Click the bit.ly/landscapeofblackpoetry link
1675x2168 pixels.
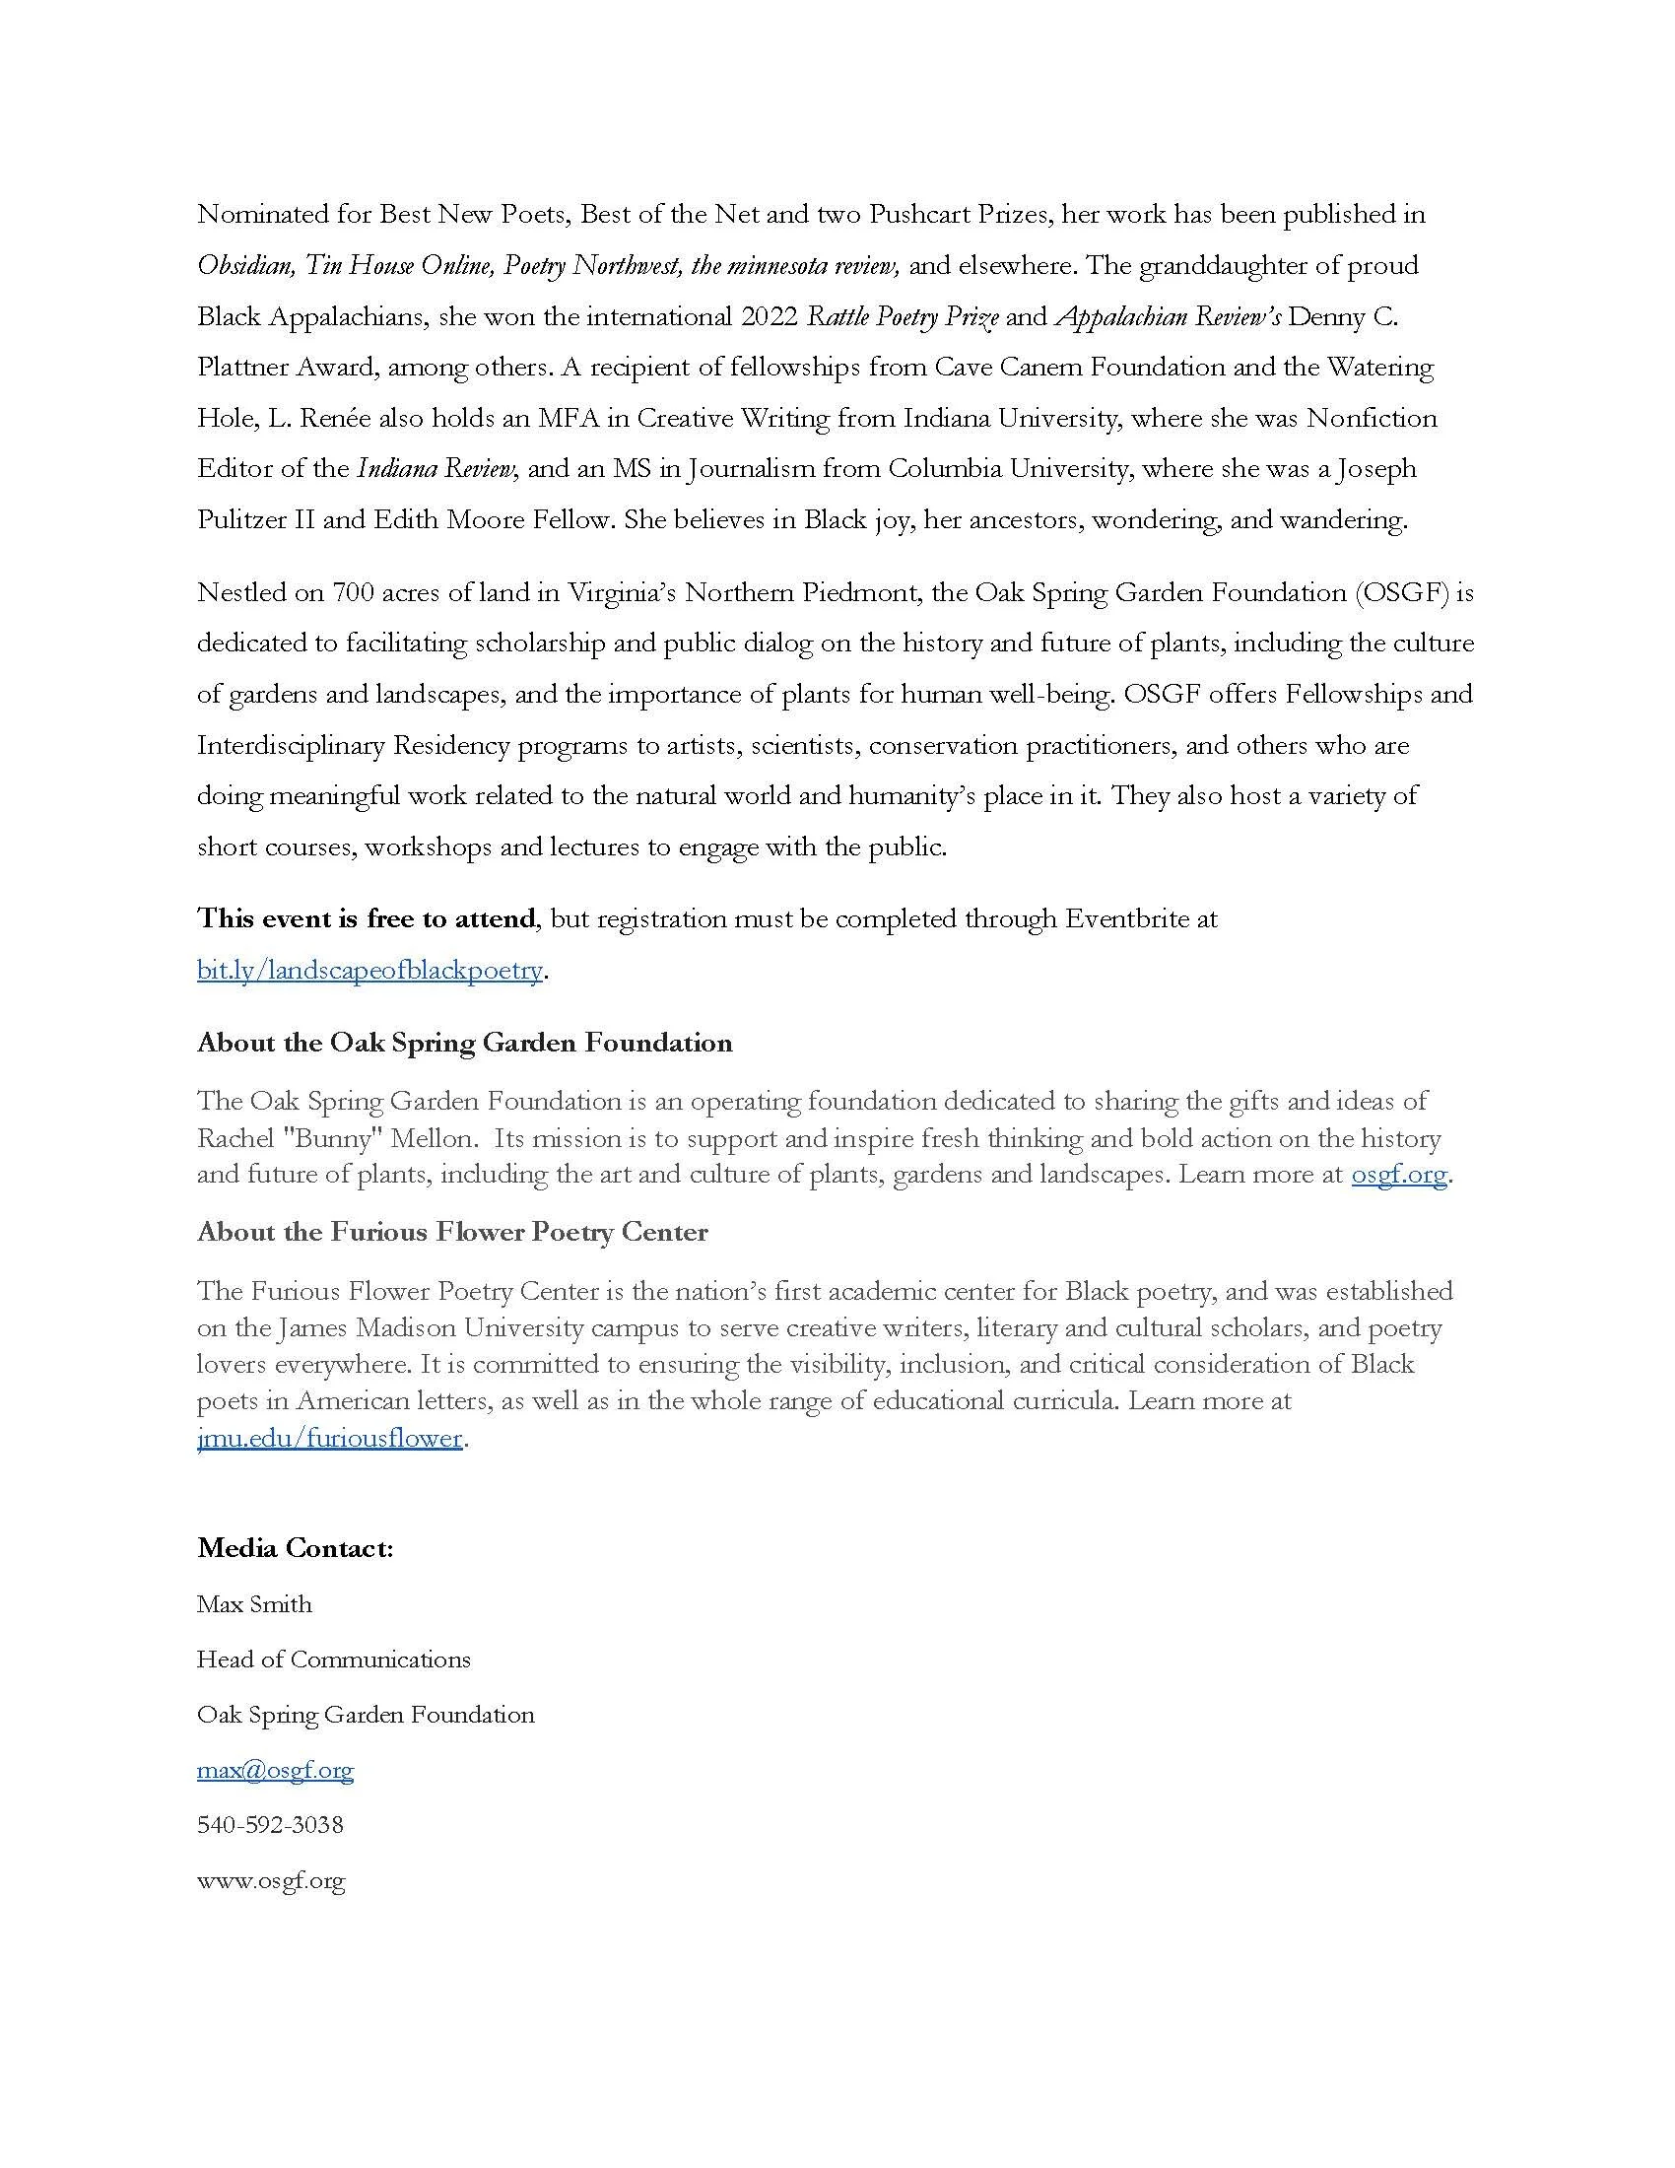coord(369,970)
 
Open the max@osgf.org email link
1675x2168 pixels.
coord(275,1770)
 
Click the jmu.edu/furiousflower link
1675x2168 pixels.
coord(329,1438)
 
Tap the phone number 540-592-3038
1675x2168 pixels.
coord(270,1824)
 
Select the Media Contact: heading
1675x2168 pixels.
coord(295,1548)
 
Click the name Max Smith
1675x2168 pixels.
coord(254,1604)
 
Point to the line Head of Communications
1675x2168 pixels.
coord(333,1660)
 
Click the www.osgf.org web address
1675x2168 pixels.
coord(270,1880)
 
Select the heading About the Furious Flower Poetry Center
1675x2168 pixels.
coord(452,1232)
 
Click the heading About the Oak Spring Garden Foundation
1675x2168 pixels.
coord(464,1043)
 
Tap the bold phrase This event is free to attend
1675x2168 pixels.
coord(367,918)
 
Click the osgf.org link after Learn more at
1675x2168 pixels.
coord(1399,1175)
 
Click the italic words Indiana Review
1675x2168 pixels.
coord(435,468)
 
